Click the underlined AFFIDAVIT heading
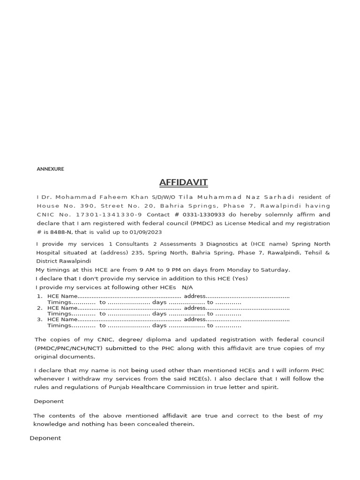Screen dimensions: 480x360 (183, 182)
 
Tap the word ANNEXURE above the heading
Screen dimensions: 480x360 (50, 169)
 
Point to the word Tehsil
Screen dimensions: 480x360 (312, 253)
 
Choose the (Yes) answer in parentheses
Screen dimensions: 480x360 (240, 278)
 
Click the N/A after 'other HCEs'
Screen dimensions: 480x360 (187, 287)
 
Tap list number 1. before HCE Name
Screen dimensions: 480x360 (39, 296)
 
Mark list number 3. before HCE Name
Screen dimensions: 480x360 (39, 319)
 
